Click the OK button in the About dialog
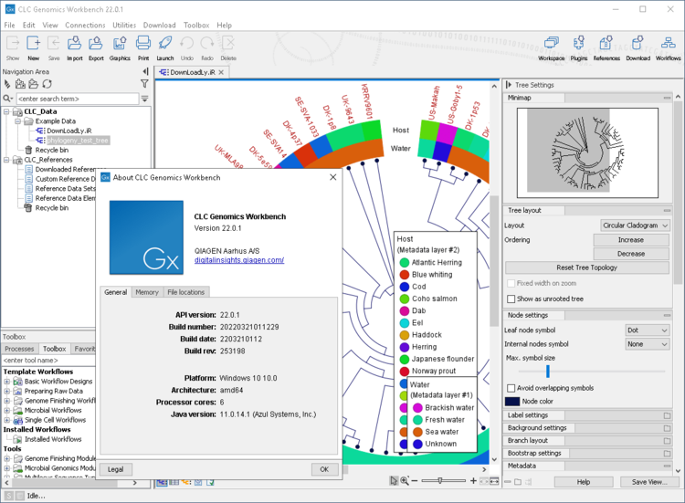pyautogui.click(x=323, y=469)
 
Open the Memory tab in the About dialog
pyautogui.click(x=146, y=292)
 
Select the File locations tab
pyautogui.click(x=185, y=292)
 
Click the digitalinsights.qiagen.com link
pyautogui.click(x=239, y=260)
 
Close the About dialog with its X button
pyautogui.click(x=332, y=177)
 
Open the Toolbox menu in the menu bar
pyautogui.click(x=196, y=26)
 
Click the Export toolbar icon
pyautogui.click(x=96, y=47)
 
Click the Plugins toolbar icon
pyautogui.click(x=578, y=47)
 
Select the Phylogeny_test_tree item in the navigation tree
pyautogui.click(x=78, y=141)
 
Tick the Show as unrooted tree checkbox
pyautogui.click(x=511, y=299)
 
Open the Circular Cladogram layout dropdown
pyautogui.click(x=635, y=225)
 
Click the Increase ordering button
pyautogui.click(x=630, y=240)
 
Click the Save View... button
pyautogui.click(x=649, y=482)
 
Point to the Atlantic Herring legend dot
pyautogui.click(x=405, y=263)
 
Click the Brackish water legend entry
pyautogui.click(x=448, y=408)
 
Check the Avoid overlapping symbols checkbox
pyautogui.click(x=511, y=388)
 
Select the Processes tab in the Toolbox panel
pyautogui.click(x=19, y=349)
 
